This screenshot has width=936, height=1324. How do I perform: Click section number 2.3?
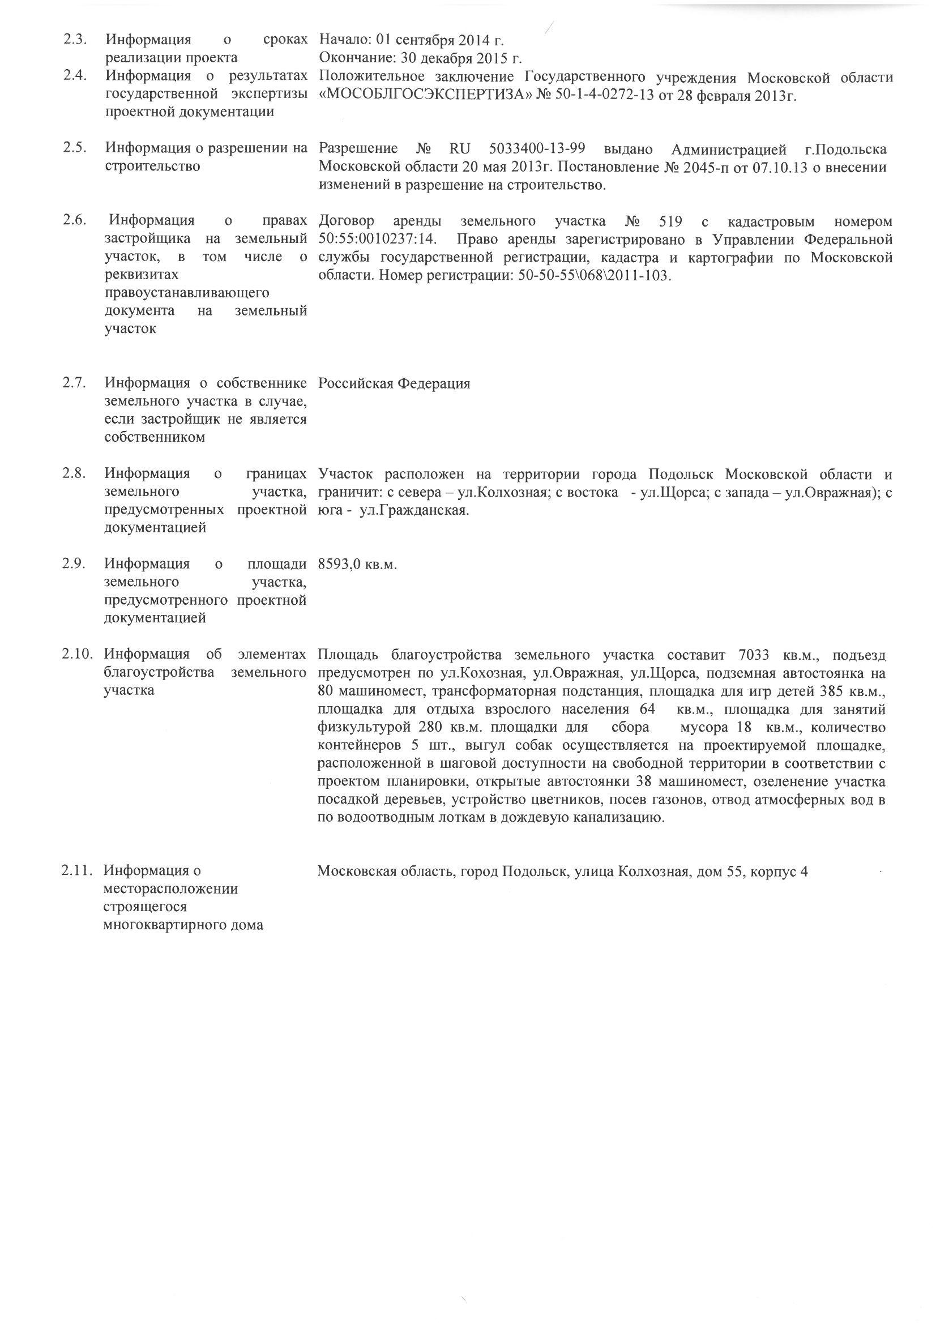tap(75, 40)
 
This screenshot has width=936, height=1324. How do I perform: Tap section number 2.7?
tap(75, 383)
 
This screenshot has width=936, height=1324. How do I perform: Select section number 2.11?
tap(77, 872)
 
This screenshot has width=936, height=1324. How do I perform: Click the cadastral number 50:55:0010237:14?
tap(377, 240)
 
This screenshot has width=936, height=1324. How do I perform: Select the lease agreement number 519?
tap(670, 221)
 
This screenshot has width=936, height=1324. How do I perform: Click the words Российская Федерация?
tap(394, 383)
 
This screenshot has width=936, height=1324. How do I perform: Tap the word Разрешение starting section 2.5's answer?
tap(358, 149)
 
